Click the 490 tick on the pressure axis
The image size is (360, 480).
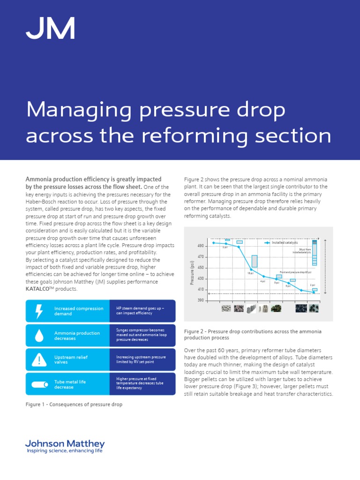click(201, 246)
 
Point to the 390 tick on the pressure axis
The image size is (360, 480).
click(201, 300)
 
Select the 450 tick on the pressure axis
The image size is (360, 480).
click(201, 268)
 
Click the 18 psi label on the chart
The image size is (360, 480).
click(250, 273)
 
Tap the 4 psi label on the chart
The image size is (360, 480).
click(262, 281)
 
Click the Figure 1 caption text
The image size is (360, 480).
click(74, 404)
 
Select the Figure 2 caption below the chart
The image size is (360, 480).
click(253, 334)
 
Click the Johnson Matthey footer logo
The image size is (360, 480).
click(65, 446)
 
